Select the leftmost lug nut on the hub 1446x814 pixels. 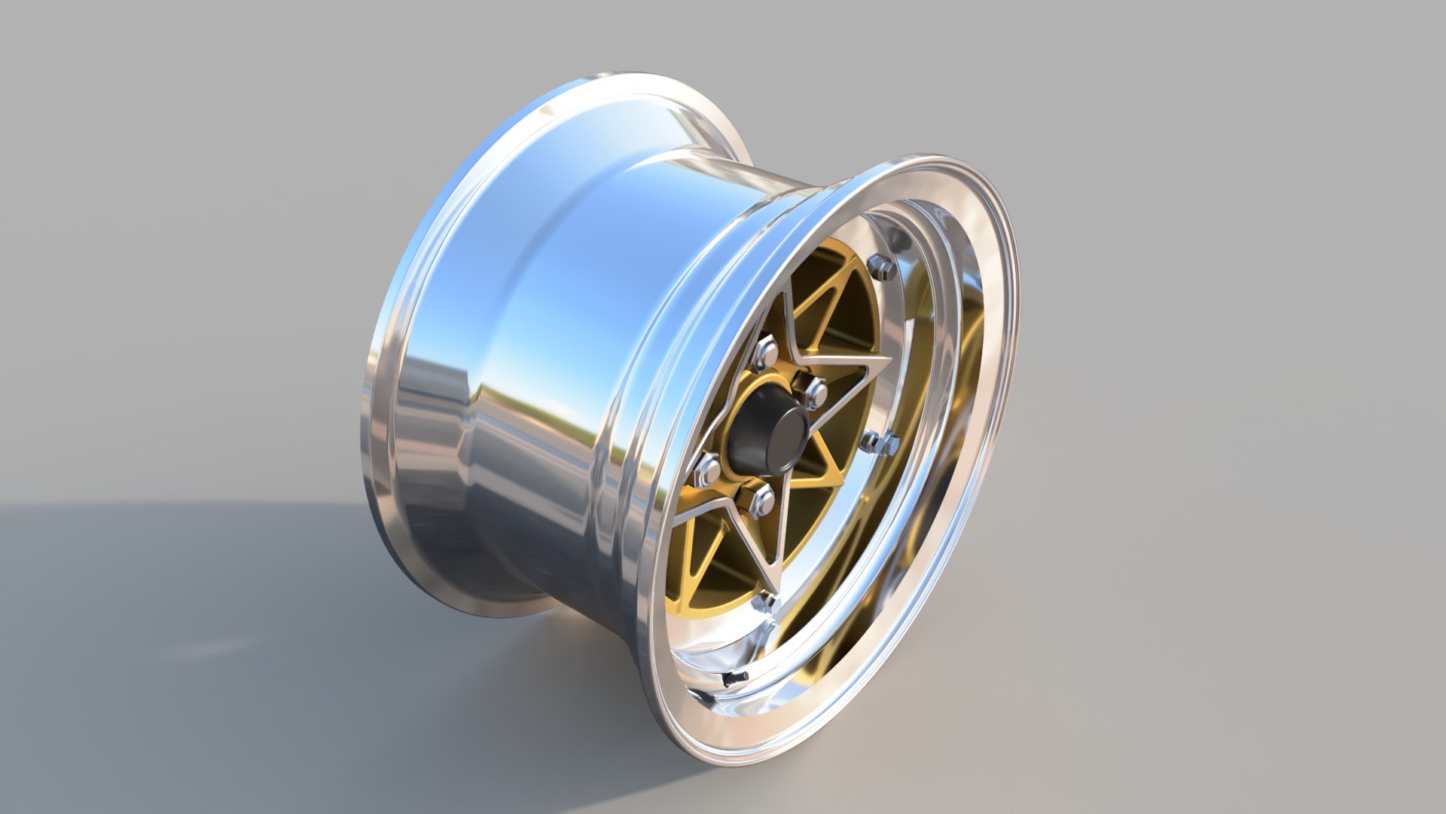click(x=709, y=469)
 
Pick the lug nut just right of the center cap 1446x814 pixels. click(x=816, y=393)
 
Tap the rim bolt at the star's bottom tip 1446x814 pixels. click(x=765, y=601)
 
